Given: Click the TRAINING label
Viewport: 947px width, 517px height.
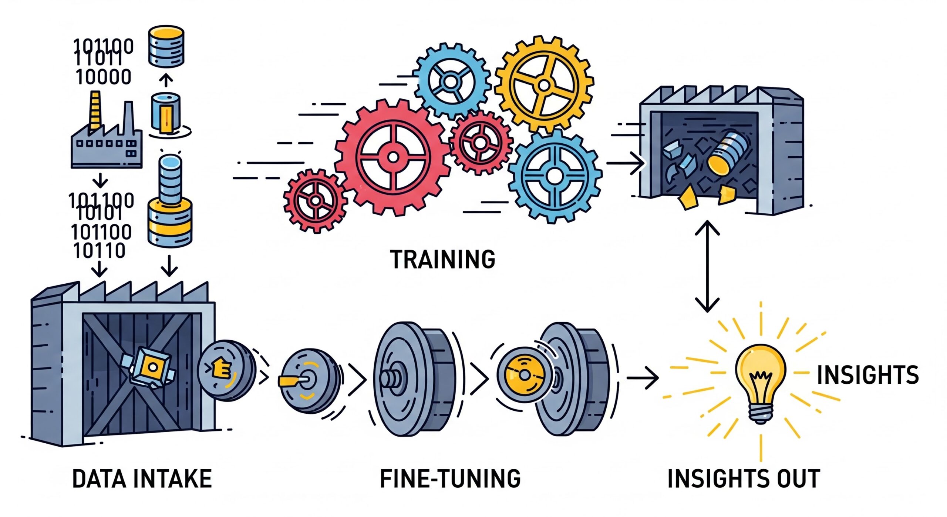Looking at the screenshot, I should click(443, 259).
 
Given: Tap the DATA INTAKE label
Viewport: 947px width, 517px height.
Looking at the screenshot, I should click(142, 478).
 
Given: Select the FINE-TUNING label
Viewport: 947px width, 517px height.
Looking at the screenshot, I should click(450, 478).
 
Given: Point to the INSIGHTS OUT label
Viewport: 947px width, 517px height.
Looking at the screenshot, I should click(744, 478).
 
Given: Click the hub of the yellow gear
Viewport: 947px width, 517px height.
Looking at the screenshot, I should click(544, 85).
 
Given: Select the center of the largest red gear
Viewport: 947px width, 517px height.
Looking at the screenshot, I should click(393, 158).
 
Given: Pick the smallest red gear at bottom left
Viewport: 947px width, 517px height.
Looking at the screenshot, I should click(316, 201).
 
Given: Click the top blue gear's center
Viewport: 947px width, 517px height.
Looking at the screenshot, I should click(451, 81).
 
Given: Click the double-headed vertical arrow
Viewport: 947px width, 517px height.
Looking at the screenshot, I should click(707, 266).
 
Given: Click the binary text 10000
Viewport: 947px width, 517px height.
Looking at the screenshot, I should click(104, 77).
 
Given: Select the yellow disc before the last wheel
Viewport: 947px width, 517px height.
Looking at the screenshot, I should click(521, 375).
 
